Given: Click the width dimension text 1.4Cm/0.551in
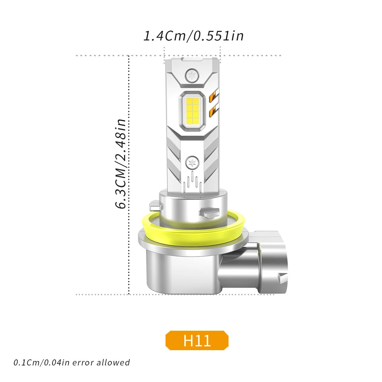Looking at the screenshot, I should (194, 36).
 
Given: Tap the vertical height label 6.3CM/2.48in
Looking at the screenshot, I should (121, 164).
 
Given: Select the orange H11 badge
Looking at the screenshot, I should (197, 340).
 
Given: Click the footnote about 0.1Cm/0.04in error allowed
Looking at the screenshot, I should (72, 363).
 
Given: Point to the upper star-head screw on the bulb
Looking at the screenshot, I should (192, 75).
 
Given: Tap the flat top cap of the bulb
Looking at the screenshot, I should (192, 60).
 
